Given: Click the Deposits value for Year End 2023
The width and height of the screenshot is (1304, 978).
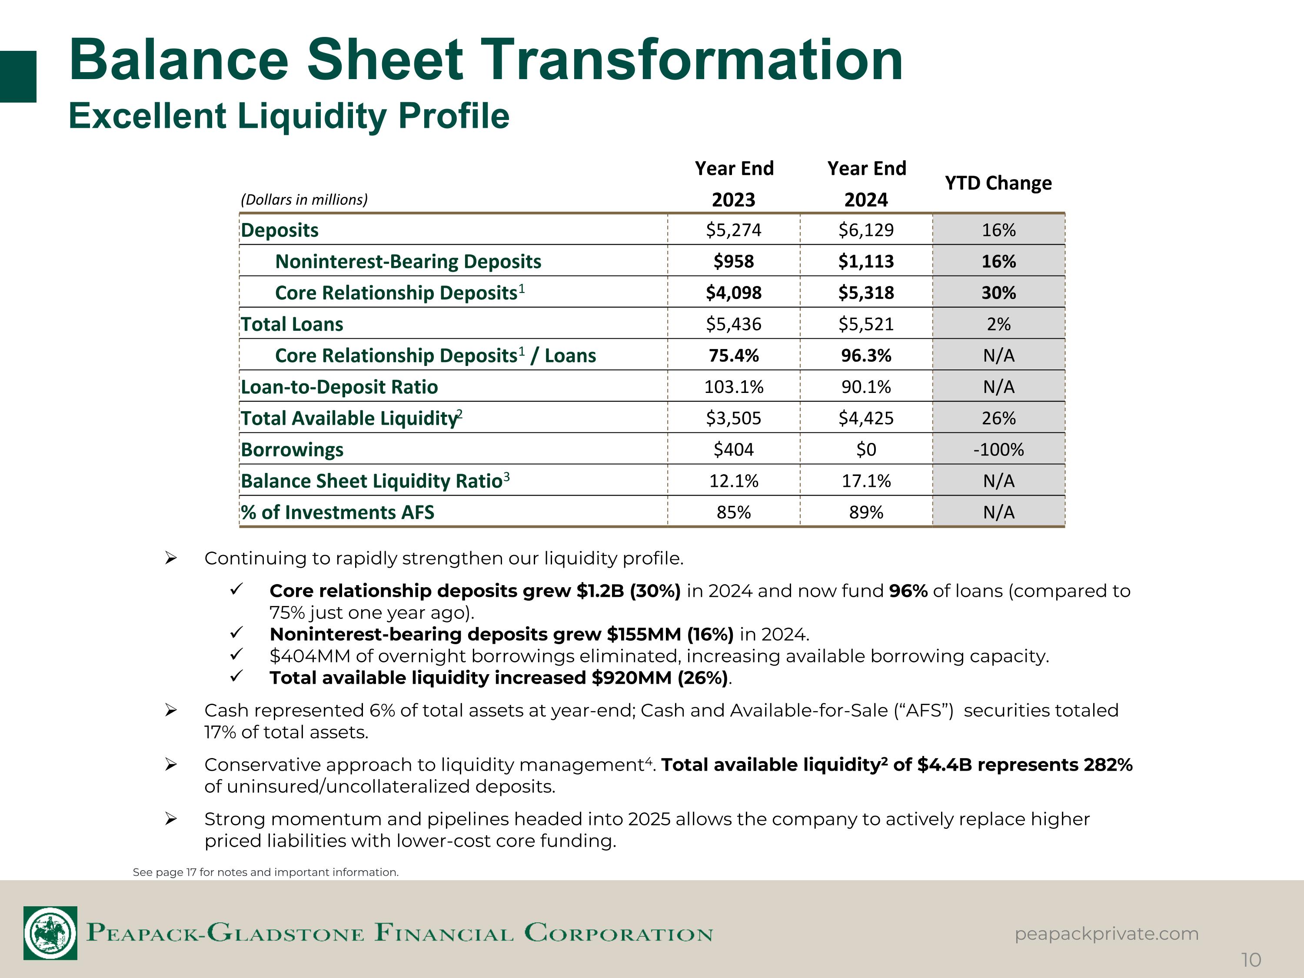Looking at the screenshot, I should coord(733,230).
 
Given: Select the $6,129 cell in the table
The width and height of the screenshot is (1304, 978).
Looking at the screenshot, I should coord(866,230).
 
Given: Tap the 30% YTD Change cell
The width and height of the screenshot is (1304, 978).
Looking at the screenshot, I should coord(998,293).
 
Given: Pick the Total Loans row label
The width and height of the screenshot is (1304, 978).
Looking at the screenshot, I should coord(292,324).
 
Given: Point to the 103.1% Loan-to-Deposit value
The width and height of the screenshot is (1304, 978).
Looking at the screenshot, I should coord(733,387).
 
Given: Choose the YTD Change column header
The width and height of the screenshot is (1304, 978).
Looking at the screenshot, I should coord(998,183).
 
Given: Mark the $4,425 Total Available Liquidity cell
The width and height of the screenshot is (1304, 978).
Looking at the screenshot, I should coord(866,419).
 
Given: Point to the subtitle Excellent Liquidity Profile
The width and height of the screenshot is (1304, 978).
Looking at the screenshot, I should coord(289,116).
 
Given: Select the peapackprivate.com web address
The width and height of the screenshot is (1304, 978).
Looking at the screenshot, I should coord(1107,934).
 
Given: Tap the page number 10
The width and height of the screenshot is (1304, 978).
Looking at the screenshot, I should coord(1251,960).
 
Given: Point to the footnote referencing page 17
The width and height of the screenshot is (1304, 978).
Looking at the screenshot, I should coord(265,872).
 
